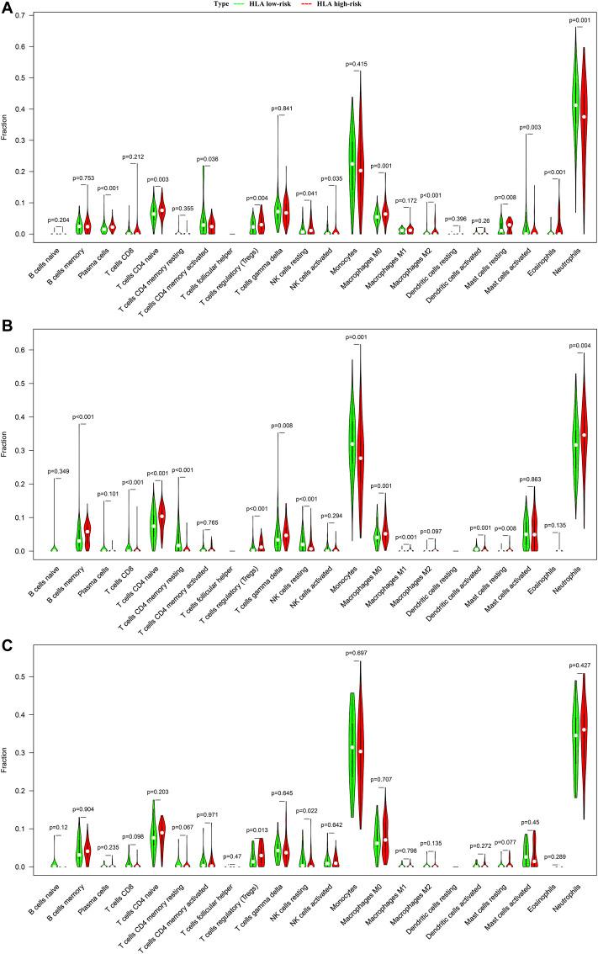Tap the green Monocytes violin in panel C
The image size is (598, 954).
352,757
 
